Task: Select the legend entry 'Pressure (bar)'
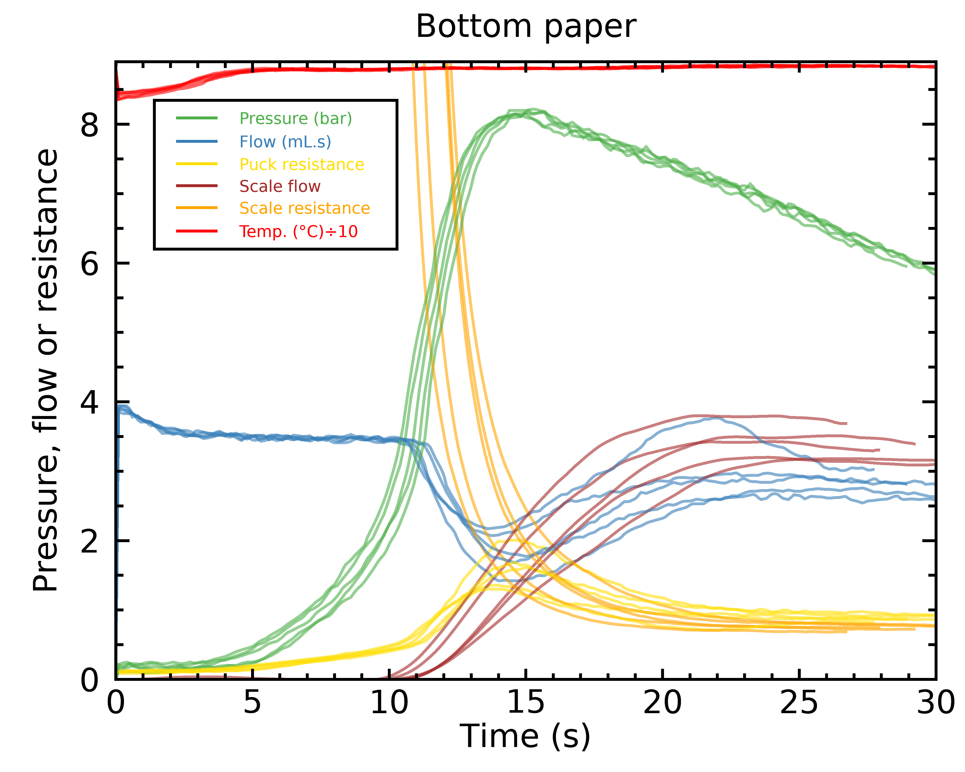295,119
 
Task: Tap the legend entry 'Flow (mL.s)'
285,142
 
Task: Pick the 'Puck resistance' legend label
301,165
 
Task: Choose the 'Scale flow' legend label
280,186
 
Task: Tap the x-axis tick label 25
799,703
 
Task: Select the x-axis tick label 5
252,703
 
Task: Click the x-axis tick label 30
936,703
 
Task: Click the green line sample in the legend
197,118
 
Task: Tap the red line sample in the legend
197,231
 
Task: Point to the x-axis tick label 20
662,703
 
